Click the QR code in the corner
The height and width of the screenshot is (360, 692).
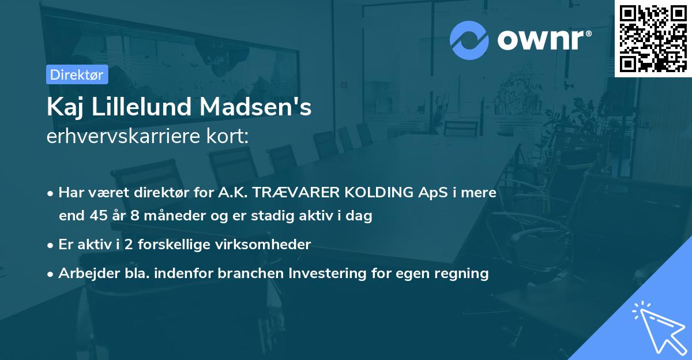653,38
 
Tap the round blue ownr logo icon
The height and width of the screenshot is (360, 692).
469,40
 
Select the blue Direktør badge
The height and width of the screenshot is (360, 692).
77,74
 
